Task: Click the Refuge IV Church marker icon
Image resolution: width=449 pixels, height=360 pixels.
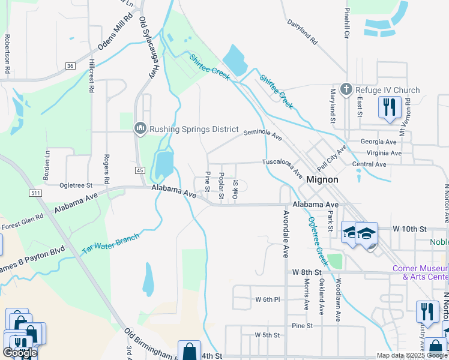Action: pos(346,90)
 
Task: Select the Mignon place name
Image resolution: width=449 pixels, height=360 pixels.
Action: pos(322,179)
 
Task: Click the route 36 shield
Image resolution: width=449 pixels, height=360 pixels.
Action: pos(70,65)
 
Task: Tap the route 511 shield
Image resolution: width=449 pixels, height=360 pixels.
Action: pos(35,193)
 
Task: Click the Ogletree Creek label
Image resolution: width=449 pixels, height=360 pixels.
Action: pos(316,240)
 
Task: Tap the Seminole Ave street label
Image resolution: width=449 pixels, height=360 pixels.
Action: pos(262,133)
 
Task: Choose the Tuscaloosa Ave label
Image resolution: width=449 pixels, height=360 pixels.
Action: pos(282,166)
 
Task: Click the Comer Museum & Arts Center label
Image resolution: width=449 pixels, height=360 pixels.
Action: pos(420,272)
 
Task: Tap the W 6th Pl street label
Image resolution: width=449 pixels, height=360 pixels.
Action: pos(268,299)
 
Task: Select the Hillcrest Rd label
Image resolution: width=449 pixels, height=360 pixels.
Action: pos(91,76)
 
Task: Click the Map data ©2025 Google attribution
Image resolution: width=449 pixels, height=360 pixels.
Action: pos(412,355)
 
